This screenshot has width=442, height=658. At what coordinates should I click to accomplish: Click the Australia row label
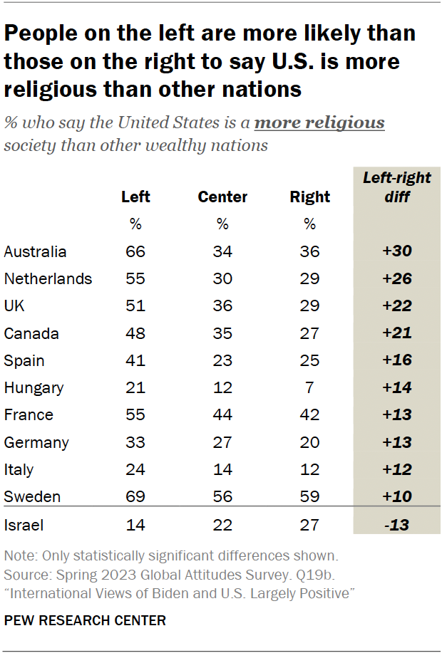35,251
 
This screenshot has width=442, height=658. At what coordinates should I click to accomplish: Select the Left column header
135,197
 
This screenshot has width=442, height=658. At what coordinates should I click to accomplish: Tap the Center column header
222,197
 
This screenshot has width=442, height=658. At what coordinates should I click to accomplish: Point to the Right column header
310,197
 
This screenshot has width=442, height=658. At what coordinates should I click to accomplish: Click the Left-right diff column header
397,187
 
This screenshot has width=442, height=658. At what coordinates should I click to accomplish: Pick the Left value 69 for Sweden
135,496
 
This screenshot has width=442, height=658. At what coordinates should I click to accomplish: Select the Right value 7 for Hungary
310,387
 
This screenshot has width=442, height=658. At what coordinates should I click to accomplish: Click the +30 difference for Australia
397,251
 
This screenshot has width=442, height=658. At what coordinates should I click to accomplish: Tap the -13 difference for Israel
397,526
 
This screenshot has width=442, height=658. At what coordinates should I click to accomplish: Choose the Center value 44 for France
222,414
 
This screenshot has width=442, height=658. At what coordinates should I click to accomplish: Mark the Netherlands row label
48,278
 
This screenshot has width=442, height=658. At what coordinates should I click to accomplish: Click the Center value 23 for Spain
222,360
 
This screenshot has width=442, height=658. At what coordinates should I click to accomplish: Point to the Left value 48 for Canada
135,333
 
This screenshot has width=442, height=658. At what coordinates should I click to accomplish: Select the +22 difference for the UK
397,305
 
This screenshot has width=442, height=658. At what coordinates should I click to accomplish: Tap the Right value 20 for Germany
310,442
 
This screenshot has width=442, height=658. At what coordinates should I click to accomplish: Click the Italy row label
19,469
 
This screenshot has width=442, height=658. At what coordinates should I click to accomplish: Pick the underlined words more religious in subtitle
319,122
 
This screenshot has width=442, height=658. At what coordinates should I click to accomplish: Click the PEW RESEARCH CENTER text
85,620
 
